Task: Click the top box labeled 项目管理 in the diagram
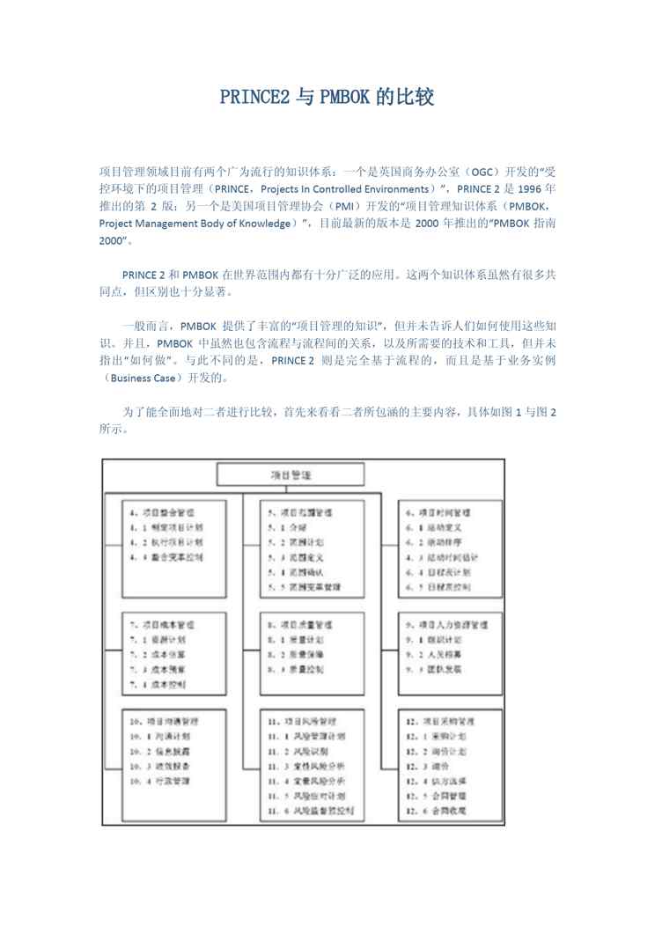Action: point(291,475)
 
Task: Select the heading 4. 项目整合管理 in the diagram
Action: point(162,511)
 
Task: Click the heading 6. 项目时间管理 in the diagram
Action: point(438,511)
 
